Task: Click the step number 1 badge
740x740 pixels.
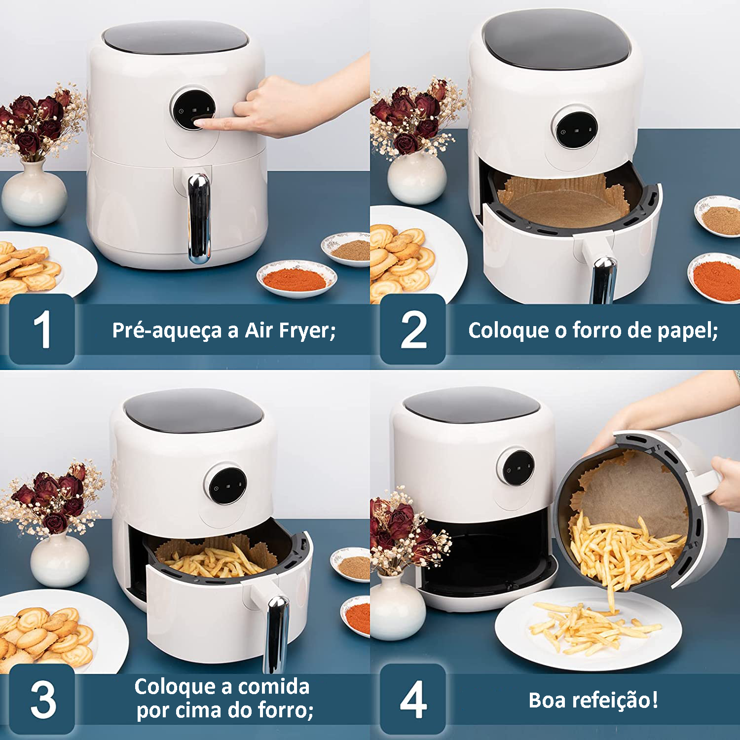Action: [x=42, y=329]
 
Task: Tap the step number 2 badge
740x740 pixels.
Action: [x=413, y=329]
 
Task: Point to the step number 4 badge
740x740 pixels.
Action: [x=413, y=699]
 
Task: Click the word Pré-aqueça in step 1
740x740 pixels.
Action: [x=167, y=330]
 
